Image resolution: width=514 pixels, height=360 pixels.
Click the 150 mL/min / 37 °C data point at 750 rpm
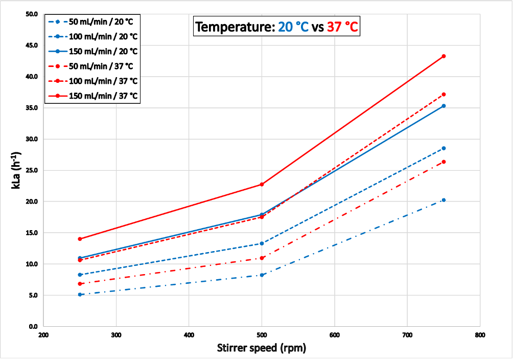pyautogui.click(x=443, y=56)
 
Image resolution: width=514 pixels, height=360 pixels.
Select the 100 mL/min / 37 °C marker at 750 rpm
pyautogui.click(x=443, y=95)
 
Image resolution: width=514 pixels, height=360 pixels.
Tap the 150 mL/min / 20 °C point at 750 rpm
pyautogui.click(x=443, y=106)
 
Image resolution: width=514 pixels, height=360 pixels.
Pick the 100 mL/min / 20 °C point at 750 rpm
pyautogui.click(x=443, y=148)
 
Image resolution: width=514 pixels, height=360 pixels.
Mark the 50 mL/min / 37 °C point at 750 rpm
pyautogui.click(x=443, y=162)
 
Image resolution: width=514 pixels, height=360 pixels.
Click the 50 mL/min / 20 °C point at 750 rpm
pyautogui.click(x=443, y=200)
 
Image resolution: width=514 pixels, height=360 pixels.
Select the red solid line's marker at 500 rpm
pyautogui.click(x=262, y=184)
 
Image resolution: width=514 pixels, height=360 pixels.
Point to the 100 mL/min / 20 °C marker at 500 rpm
pyautogui.click(x=262, y=243)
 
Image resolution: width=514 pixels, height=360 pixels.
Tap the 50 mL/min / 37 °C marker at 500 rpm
pyautogui.click(x=262, y=258)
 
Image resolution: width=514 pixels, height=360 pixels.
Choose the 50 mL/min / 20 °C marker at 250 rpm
pyautogui.click(x=80, y=295)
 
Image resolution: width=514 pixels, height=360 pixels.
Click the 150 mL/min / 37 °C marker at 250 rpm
pyautogui.click(x=80, y=239)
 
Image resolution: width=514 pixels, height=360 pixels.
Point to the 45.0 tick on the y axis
pyautogui.click(x=31, y=45)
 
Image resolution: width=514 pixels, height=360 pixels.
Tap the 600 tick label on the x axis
pyautogui.click(x=335, y=335)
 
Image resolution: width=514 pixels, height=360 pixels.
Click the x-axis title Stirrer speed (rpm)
pyautogui.click(x=261, y=349)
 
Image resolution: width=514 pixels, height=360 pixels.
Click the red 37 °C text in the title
pyautogui.click(x=342, y=27)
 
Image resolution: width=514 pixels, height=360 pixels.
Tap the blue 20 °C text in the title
pyautogui.click(x=293, y=27)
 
